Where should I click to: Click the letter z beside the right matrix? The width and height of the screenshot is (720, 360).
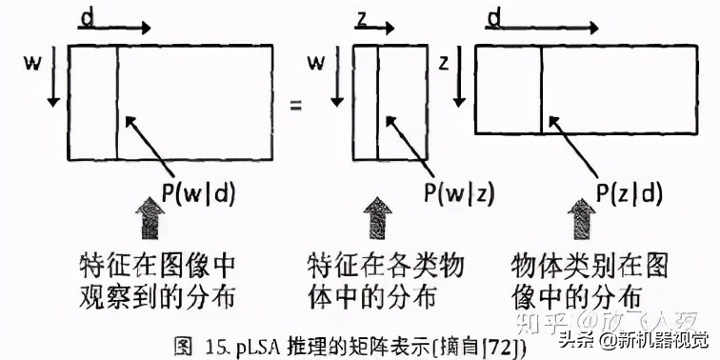[442, 64]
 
